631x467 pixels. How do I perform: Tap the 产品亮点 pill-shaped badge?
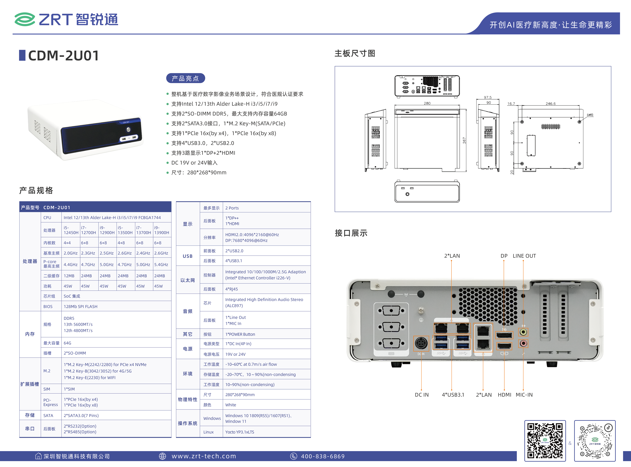click(x=185, y=78)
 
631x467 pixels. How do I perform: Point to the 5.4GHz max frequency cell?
click(x=161, y=265)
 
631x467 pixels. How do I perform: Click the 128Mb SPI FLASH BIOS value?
click(x=80, y=306)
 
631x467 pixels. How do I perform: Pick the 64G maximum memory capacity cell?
click(x=67, y=343)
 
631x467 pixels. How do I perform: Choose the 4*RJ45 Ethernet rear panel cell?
click(x=232, y=289)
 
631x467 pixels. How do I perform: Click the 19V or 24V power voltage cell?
click(x=235, y=354)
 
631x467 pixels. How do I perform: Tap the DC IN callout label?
click(x=422, y=395)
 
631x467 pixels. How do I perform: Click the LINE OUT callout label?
click(x=524, y=256)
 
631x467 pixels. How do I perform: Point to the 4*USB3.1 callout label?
click(x=453, y=395)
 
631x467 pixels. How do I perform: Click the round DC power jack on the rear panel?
click(x=421, y=343)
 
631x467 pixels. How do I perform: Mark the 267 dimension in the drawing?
click(x=464, y=141)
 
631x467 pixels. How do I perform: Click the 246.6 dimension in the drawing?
click(x=551, y=103)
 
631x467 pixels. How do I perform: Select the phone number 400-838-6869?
click(x=323, y=456)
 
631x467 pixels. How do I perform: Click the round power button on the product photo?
click(x=129, y=129)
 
